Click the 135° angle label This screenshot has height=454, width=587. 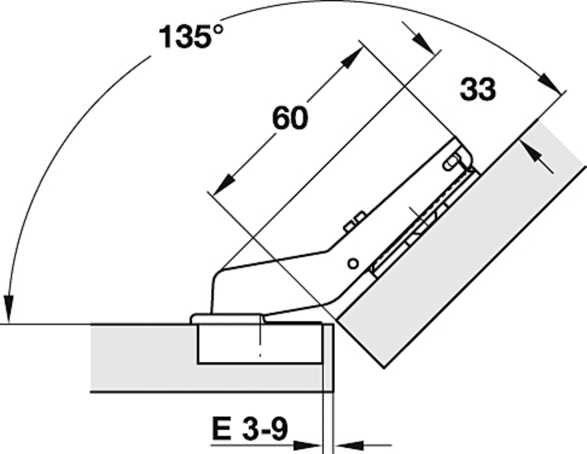191,37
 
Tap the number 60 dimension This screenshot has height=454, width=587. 290,118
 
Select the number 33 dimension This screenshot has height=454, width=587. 478,89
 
